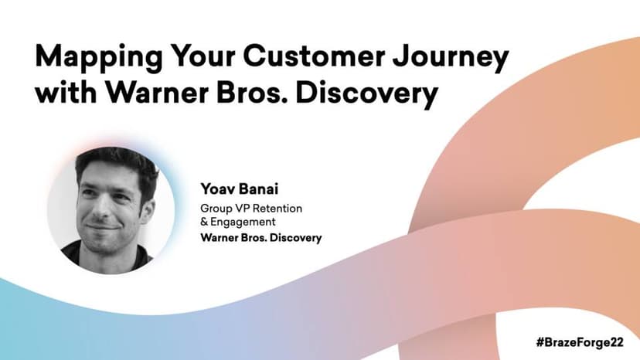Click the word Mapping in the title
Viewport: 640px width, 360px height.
click(x=99, y=58)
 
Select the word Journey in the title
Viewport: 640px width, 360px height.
click(x=451, y=58)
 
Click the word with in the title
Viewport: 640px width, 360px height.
click(x=66, y=91)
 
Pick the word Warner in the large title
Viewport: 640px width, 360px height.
click(x=158, y=92)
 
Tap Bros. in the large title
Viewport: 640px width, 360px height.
click(x=253, y=92)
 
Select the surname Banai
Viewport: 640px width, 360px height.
click(x=258, y=189)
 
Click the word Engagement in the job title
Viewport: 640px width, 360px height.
click(x=243, y=222)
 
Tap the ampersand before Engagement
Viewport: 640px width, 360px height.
click(x=204, y=222)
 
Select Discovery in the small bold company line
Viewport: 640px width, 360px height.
click(x=295, y=238)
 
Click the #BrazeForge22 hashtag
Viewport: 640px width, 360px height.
click(x=580, y=342)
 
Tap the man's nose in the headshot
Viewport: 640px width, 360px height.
click(x=99, y=207)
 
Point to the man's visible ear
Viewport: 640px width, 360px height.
click(x=147, y=210)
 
